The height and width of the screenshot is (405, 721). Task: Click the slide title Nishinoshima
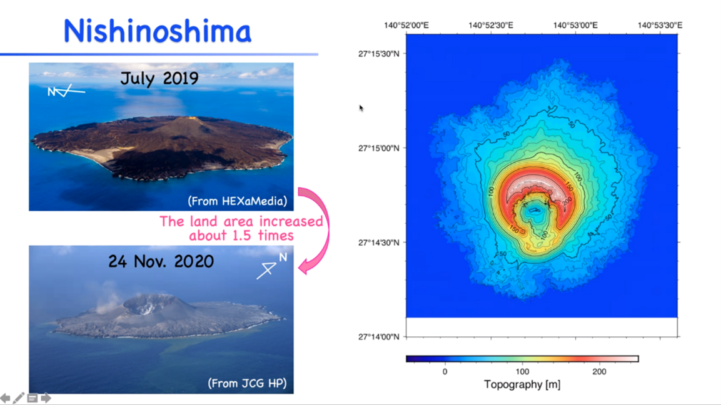pyautogui.click(x=157, y=31)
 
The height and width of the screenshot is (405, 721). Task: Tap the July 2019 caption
pyautogui.click(x=159, y=79)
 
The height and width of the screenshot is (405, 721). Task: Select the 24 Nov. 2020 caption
pyautogui.click(x=161, y=261)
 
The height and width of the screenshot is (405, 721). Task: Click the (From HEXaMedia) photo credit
pyautogui.click(x=237, y=201)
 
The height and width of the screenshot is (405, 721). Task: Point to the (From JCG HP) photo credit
pyautogui.click(x=247, y=383)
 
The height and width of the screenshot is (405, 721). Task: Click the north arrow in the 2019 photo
pyautogui.click(x=66, y=91)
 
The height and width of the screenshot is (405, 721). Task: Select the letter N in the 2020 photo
pyautogui.click(x=283, y=257)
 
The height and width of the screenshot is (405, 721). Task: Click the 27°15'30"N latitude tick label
pyautogui.click(x=378, y=54)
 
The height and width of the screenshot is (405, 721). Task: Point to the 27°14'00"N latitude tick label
pyautogui.click(x=378, y=337)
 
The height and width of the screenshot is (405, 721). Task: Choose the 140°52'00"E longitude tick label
pyautogui.click(x=406, y=26)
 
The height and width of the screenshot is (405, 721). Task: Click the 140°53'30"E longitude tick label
pyautogui.click(x=660, y=26)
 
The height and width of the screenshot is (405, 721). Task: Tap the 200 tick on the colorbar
pyautogui.click(x=599, y=371)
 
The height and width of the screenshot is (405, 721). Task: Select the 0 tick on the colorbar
pyautogui.click(x=445, y=371)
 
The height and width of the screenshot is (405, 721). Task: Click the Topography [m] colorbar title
pyautogui.click(x=522, y=384)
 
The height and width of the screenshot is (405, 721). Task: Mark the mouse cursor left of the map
pyautogui.click(x=361, y=108)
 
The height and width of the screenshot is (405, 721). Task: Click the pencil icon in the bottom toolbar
pyautogui.click(x=19, y=398)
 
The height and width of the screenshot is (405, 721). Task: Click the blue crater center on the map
pyautogui.click(x=533, y=211)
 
